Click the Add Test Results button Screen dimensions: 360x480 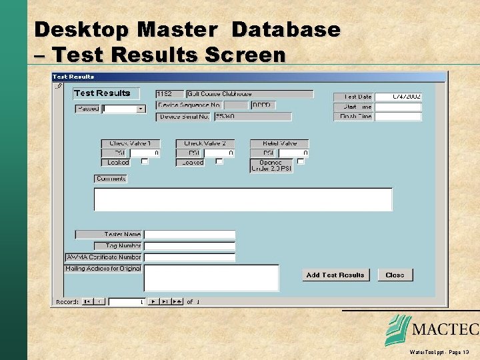coord(335,275)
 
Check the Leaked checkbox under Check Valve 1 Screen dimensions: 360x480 coord(144,161)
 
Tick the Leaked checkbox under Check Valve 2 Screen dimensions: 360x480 coord(219,161)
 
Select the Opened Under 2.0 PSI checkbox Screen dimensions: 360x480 coord(301,161)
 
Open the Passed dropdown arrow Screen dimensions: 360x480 coord(141,109)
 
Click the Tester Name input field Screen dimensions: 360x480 coord(190,235)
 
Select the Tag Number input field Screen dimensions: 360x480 coord(190,246)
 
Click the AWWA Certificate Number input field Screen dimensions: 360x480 coord(190,257)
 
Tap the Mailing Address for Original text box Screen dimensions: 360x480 coord(211,278)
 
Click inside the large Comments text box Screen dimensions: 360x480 coord(243,199)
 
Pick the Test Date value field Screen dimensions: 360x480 coord(398,97)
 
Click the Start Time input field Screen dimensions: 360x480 coord(398,107)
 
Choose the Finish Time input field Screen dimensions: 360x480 coord(398,117)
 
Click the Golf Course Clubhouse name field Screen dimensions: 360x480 coord(249,94)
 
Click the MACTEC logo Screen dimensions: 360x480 coord(431,330)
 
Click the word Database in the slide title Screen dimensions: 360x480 coord(286,30)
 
